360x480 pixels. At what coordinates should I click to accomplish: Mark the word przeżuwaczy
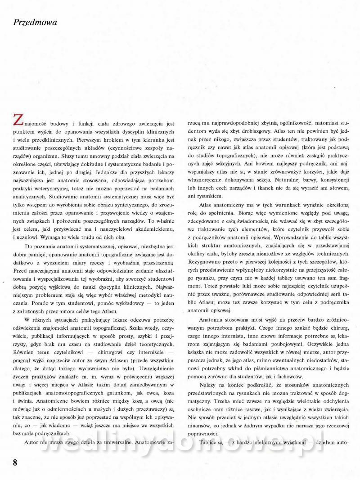pos(133,412)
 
